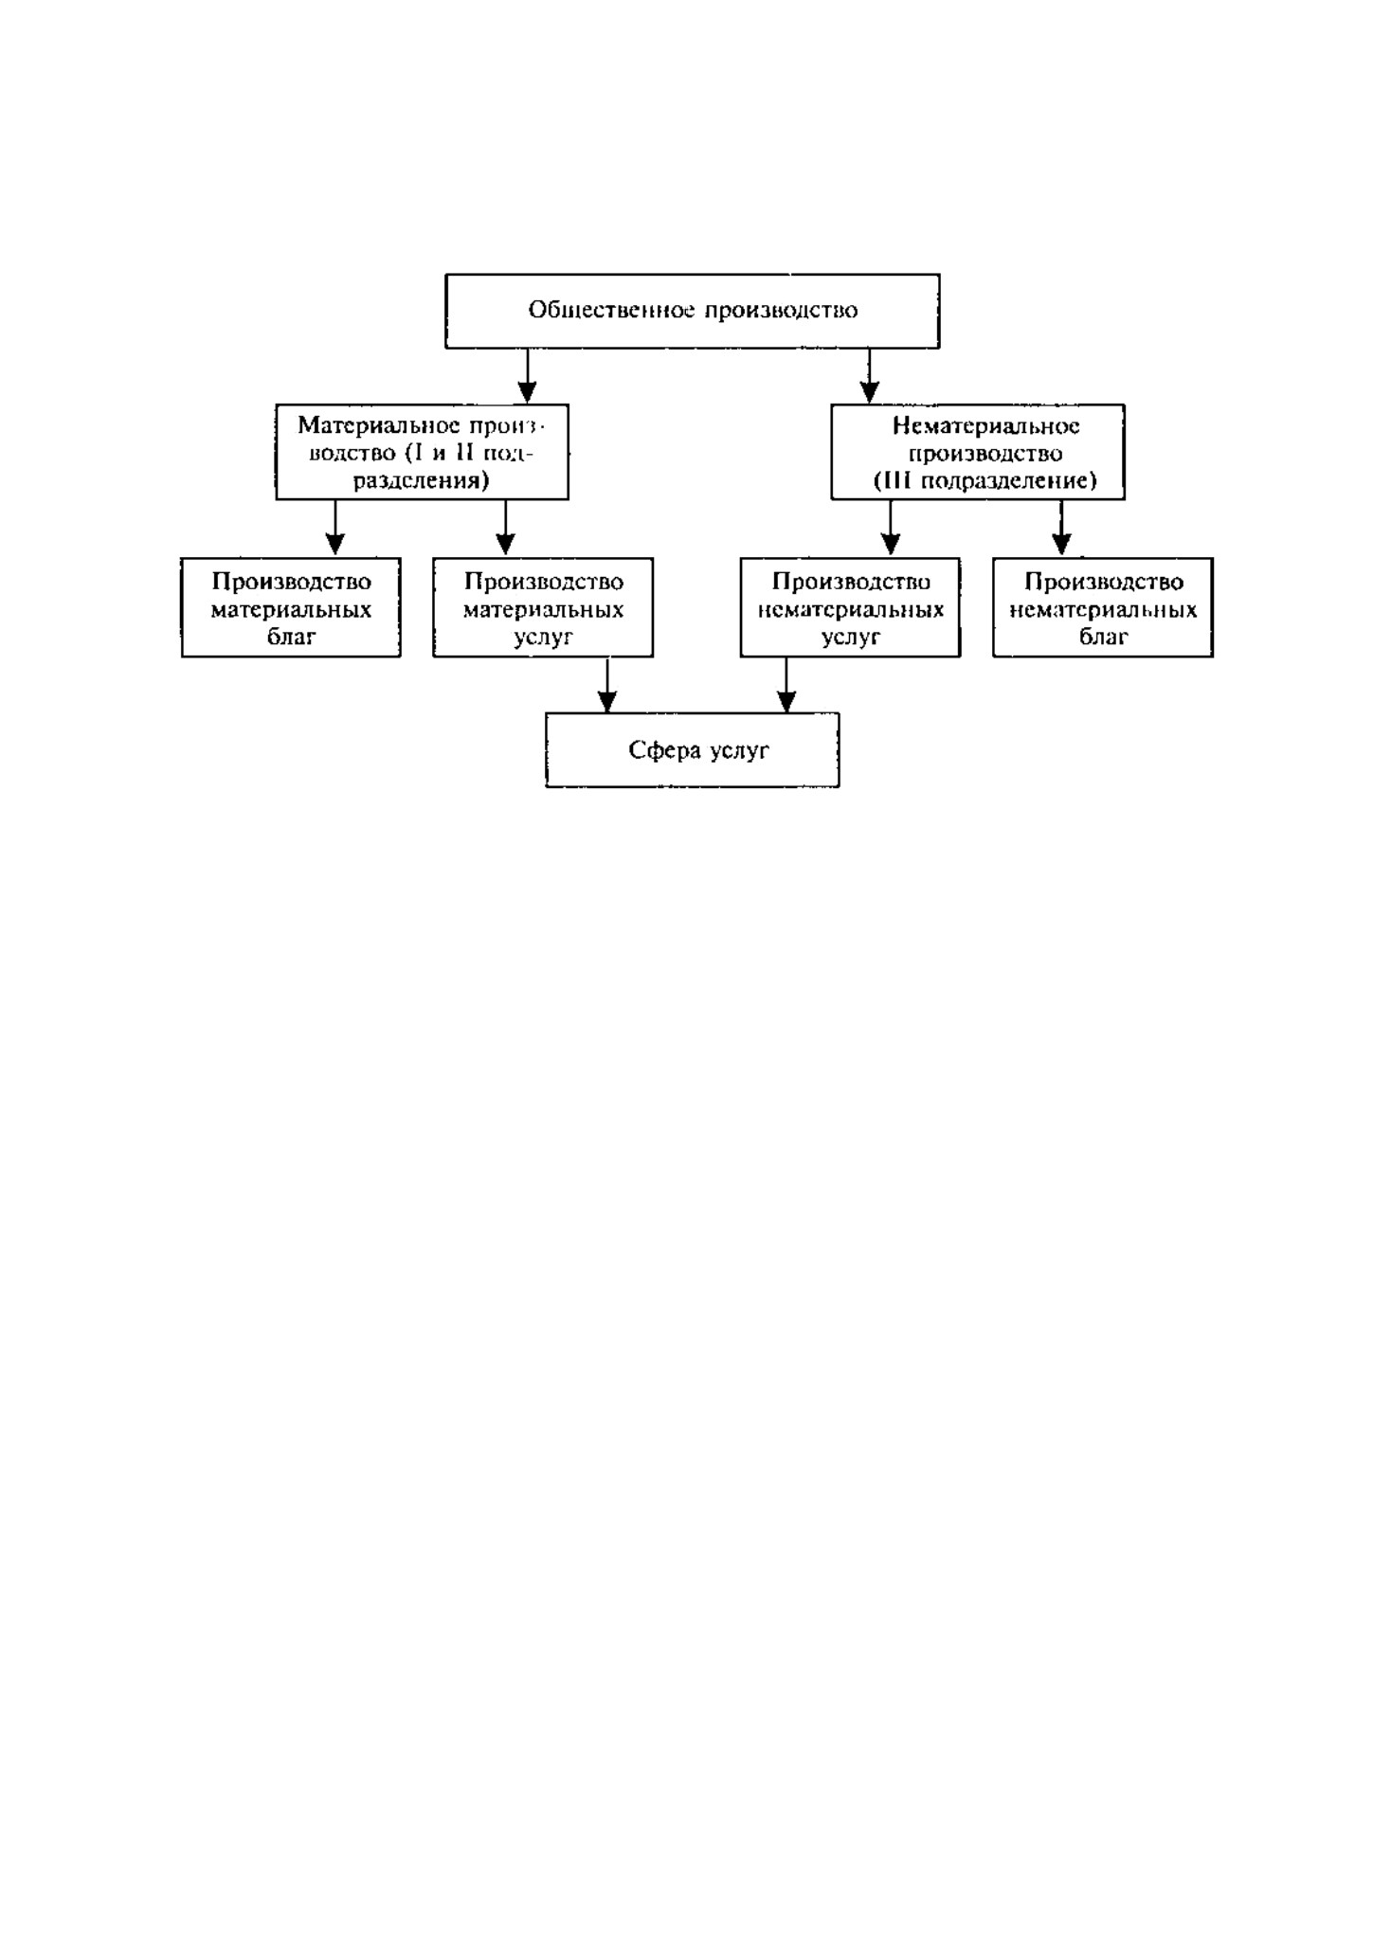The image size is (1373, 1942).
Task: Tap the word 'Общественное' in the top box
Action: click(x=611, y=311)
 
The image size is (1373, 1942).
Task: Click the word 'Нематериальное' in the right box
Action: click(x=985, y=426)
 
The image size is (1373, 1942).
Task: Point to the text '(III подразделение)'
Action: click(x=985, y=481)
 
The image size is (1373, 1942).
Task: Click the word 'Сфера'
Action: click(x=660, y=750)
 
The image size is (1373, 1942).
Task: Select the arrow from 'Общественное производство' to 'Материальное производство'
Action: click(x=528, y=376)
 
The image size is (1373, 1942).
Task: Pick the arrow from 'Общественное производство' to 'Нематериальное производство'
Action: click(x=870, y=376)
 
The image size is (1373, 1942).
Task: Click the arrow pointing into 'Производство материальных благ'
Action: click(x=334, y=528)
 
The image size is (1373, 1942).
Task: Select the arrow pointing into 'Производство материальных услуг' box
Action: click(x=506, y=528)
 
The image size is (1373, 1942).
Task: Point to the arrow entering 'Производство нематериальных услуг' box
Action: click(x=891, y=528)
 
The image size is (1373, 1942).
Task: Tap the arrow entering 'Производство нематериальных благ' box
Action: click(x=1062, y=528)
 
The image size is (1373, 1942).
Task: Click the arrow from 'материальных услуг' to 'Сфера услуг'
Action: click(x=607, y=685)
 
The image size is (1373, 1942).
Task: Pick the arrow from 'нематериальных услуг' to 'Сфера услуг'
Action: click(x=786, y=685)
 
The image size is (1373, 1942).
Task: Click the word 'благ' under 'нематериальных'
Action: click(x=1104, y=637)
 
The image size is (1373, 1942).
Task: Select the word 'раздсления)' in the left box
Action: click(x=422, y=481)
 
